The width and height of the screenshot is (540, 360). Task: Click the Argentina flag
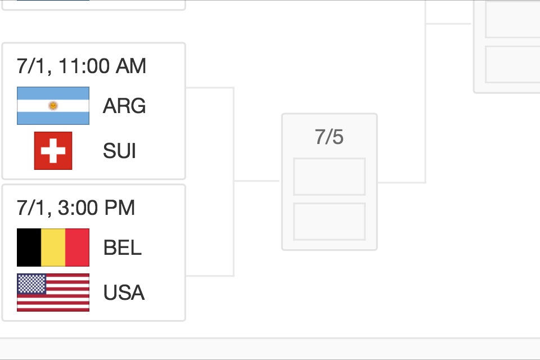(x=53, y=106)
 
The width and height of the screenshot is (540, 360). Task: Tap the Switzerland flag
(x=53, y=151)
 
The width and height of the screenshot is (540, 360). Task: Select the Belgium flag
(x=53, y=247)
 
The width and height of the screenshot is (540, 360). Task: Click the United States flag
(x=53, y=292)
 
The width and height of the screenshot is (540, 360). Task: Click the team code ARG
(x=124, y=106)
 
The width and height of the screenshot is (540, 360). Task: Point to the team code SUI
(x=119, y=151)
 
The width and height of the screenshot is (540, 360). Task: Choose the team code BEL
(x=123, y=247)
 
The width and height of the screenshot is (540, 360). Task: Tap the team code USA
(x=124, y=292)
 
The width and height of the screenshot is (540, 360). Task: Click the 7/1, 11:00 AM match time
(x=82, y=66)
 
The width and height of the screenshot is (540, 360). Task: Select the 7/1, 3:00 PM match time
(x=76, y=208)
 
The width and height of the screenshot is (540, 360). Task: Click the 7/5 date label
(x=329, y=137)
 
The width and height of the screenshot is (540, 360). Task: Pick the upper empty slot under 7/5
(x=329, y=177)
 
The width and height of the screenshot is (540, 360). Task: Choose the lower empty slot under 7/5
(x=329, y=222)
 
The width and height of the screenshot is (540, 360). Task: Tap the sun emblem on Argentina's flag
(x=53, y=106)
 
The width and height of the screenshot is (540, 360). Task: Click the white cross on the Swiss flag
(x=53, y=151)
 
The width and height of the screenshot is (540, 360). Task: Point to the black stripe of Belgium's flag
(x=29, y=247)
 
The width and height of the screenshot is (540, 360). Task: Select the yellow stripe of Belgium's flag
(x=53, y=247)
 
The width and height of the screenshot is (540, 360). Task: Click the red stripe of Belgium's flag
(x=78, y=247)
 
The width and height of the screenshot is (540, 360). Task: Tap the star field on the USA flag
(x=31, y=283)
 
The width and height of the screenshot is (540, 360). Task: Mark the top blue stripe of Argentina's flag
(x=53, y=93)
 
